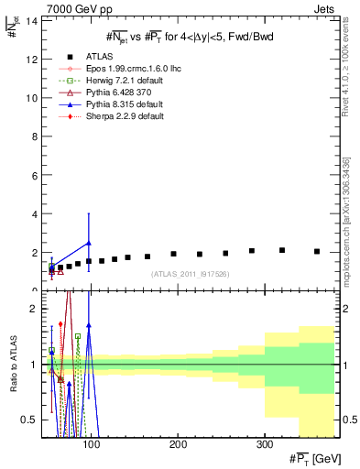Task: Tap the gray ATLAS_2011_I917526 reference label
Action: pyautogui.click(x=190, y=274)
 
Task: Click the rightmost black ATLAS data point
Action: pyautogui.click(x=317, y=251)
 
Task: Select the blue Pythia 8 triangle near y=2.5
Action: pyautogui.click(x=88, y=243)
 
